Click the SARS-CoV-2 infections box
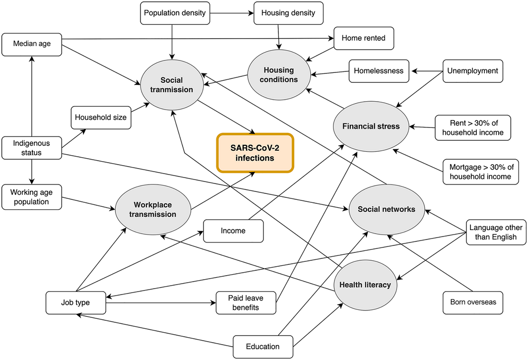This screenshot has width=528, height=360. (x=255, y=153)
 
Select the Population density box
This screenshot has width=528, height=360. (x=174, y=13)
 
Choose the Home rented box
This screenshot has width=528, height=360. (x=364, y=38)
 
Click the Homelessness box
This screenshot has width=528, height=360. (x=379, y=71)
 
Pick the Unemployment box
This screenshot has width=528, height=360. (x=472, y=71)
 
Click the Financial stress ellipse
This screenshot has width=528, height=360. (x=371, y=126)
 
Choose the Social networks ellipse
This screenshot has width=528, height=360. (x=387, y=209)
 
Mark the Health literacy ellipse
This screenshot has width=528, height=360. (x=365, y=285)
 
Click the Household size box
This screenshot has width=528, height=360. (x=101, y=118)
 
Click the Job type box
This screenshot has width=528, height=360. (x=75, y=302)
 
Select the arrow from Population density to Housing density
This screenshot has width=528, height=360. (x=230, y=13)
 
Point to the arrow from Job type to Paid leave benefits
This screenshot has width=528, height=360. (x=161, y=302)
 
